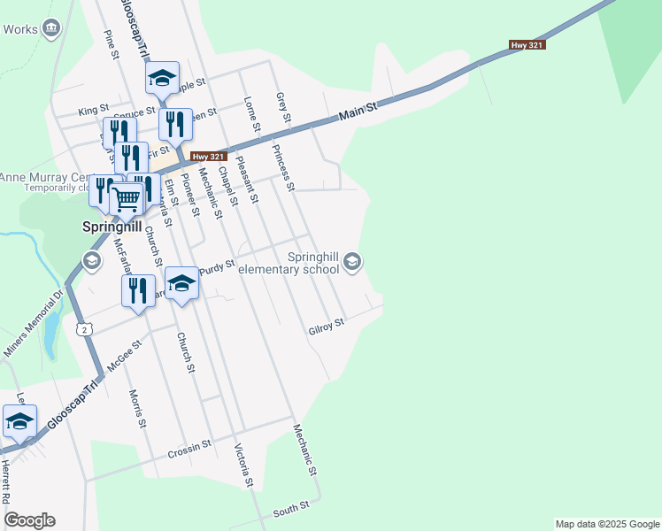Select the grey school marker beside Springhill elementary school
coord(352,260)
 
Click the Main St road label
coord(358,112)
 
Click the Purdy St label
coord(217,266)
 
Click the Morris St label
coord(136,408)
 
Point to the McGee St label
coord(124,355)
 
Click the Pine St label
coord(112,45)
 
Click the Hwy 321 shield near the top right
coord(525,44)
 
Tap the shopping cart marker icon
coord(127,199)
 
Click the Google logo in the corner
coord(29,520)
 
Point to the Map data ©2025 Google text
coord(607,524)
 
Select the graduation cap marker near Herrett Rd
coord(19,421)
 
